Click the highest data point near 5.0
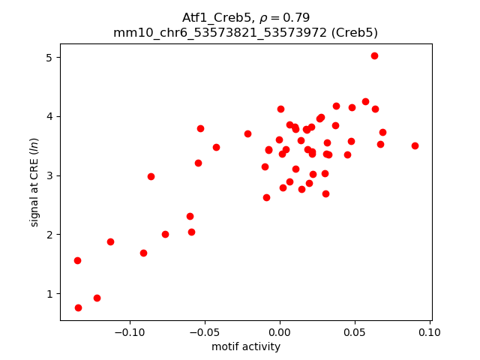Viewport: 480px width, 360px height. coord(374,55)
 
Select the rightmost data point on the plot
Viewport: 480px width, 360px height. coord(415,145)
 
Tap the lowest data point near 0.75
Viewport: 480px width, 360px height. coord(78,307)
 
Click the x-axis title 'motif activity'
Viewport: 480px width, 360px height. coord(246,346)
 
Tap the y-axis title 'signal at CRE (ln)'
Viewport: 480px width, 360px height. coord(34,182)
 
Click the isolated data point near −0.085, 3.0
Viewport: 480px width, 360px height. coord(151,176)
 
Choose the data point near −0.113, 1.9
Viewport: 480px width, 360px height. coord(110,241)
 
